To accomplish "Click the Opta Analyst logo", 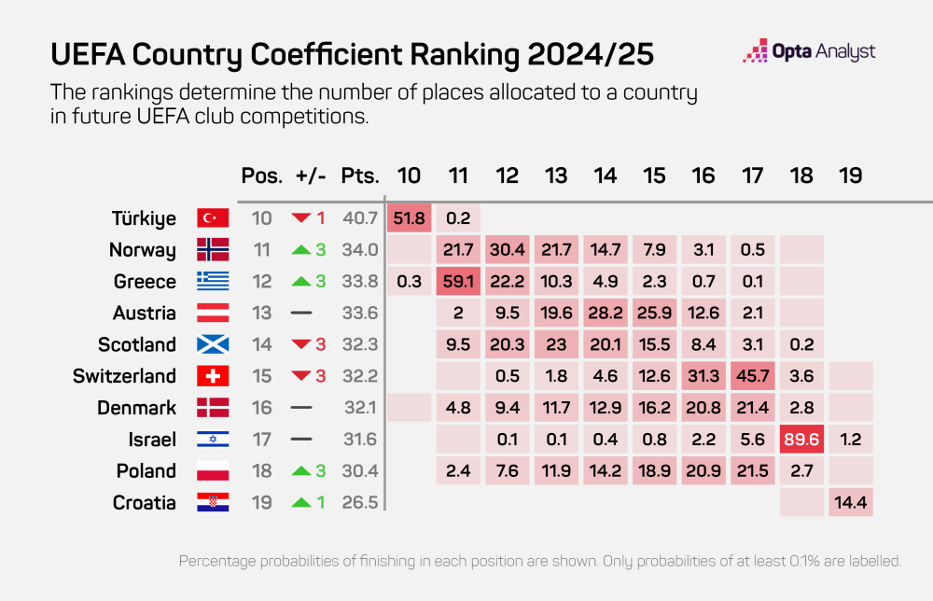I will tap(808, 52).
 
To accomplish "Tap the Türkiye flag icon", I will tap(213, 218).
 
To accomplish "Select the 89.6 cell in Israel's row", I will tap(801, 440).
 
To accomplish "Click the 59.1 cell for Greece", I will tap(457, 282).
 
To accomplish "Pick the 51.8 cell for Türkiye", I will tap(409, 218).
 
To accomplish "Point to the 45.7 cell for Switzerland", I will tap(752, 376).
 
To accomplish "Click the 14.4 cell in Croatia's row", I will tap(850, 503).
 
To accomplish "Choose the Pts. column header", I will tap(360, 175).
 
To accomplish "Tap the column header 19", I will tap(850, 175).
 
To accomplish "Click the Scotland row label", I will tap(137, 344).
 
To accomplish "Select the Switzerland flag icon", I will tap(213, 376).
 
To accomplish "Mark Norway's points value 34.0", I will tap(360, 250).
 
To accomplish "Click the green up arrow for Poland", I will tap(300, 471).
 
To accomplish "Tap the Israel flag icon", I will tap(213, 440).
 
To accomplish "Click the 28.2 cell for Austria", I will tap(605, 313).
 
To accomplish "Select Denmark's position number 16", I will tap(261, 408).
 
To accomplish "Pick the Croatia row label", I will tap(144, 503).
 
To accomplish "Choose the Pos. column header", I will tap(261, 175).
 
